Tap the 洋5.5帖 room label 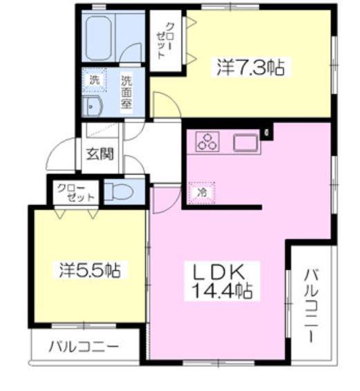[x=89, y=269]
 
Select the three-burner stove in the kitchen [x=207, y=142]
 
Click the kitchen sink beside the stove [x=245, y=142]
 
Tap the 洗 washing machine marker [x=95, y=81]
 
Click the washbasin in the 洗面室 [x=93, y=106]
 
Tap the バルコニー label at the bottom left [x=84, y=345]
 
